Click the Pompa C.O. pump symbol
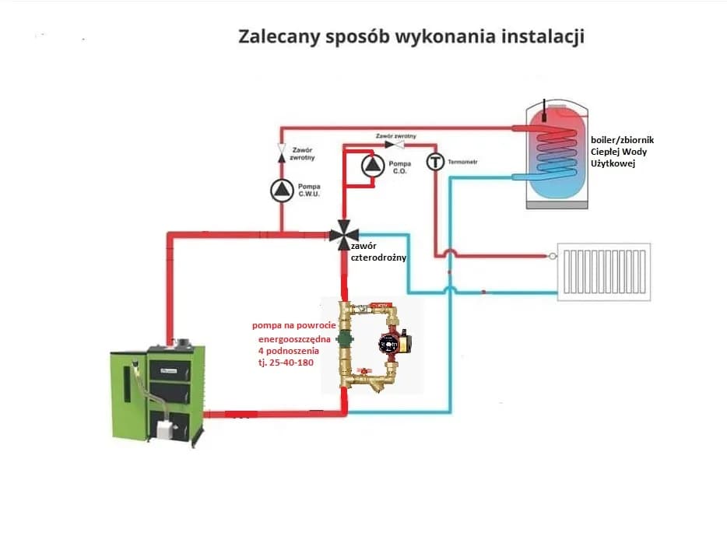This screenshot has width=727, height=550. point(372,164)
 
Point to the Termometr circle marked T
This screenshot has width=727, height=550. point(434,163)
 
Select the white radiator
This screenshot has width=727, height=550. point(604,271)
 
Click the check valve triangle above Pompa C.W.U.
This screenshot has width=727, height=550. point(282,147)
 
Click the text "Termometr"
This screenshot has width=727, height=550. point(462,163)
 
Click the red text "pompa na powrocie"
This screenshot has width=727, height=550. point(293,325)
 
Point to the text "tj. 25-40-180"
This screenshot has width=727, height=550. point(284,363)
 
